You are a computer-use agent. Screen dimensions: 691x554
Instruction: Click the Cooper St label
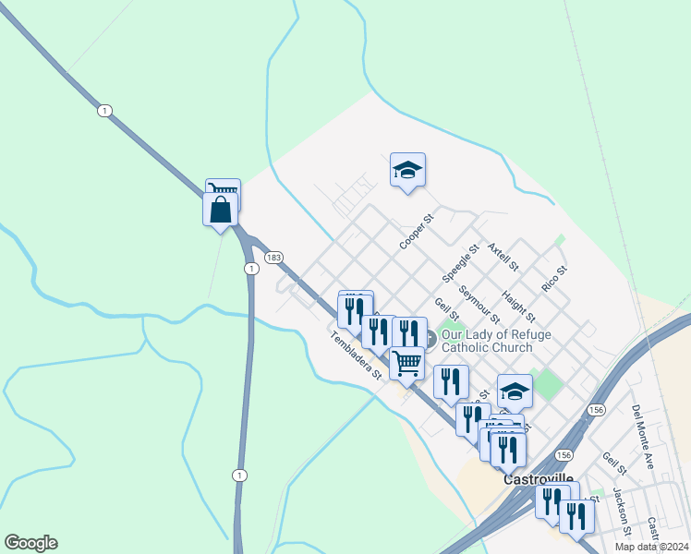(x=417, y=233)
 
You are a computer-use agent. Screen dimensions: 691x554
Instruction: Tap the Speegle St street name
(x=460, y=263)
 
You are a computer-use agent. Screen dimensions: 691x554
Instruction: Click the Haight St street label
(x=518, y=306)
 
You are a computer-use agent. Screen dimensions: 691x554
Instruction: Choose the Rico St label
(x=553, y=280)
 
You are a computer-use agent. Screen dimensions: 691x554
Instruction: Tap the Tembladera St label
(x=356, y=355)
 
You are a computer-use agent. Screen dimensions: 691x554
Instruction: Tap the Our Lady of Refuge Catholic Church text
(x=487, y=341)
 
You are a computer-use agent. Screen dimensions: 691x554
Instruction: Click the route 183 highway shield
(x=273, y=258)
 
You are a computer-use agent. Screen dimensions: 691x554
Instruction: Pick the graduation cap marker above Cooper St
(x=407, y=170)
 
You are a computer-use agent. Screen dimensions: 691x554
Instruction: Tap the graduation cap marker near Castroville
(x=515, y=391)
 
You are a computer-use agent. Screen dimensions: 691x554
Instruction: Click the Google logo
(x=30, y=543)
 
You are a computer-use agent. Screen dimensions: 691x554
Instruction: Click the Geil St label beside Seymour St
(x=446, y=310)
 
